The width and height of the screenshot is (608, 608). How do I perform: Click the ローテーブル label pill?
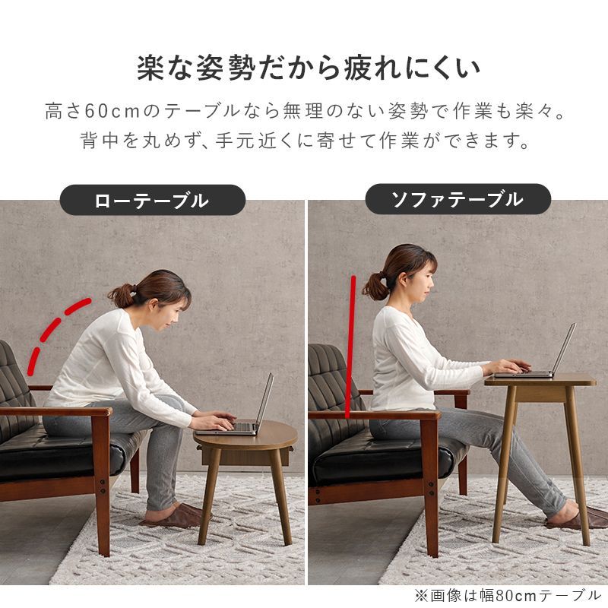coord(152,201)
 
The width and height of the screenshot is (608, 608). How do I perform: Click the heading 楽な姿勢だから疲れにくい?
coord(308,68)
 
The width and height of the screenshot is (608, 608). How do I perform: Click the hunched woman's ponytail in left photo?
coord(122,293)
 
